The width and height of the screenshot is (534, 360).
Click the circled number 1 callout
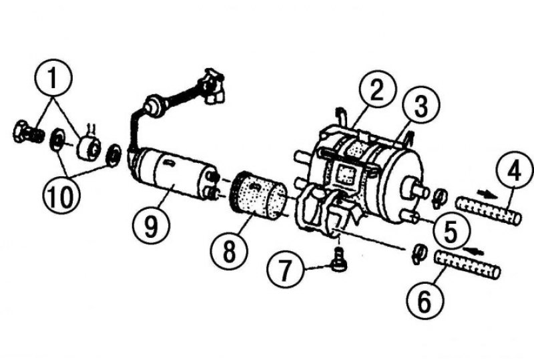pos(53,78)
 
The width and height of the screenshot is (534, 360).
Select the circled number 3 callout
pos(421,106)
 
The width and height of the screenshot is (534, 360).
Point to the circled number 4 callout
pos(515,170)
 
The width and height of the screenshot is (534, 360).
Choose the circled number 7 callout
pos(285,269)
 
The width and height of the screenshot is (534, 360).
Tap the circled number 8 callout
pos(229,252)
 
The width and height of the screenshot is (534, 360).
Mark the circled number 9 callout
pos(151,226)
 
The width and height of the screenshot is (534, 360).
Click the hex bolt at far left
pos(28,132)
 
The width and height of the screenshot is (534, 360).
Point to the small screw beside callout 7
pos(338,260)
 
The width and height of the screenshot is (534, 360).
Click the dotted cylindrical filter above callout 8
pos(260,195)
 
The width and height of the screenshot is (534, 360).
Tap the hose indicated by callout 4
pos(489,210)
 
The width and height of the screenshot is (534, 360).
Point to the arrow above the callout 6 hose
pos(474,250)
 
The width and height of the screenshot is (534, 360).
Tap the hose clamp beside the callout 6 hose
pos(419,254)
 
